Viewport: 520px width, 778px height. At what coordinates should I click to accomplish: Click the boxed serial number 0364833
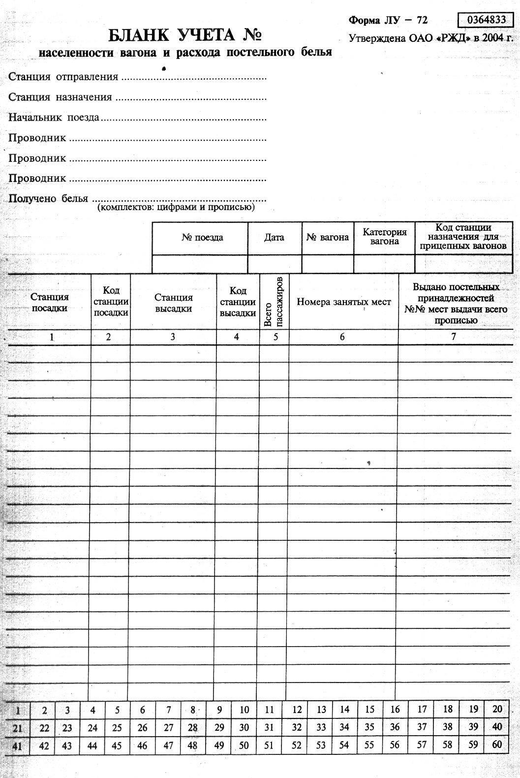tap(486, 20)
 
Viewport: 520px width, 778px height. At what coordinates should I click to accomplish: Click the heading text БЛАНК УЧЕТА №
tap(184, 35)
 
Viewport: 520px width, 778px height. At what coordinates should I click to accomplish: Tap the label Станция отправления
tap(63, 77)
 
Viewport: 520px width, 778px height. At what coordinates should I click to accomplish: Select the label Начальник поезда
tap(54, 118)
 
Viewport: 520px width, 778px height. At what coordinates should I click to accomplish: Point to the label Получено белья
tap(48, 199)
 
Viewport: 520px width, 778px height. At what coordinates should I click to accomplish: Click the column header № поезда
tap(202, 238)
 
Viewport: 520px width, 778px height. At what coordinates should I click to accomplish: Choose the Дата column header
tap(274, 238)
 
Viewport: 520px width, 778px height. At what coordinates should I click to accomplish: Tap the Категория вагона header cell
tap(385, 237)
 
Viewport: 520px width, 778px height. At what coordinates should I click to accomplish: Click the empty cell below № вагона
tap(327, 264)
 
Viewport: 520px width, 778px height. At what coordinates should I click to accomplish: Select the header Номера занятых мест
tap(343, 302)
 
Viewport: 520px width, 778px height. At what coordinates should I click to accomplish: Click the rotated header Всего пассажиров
tap(274, 302)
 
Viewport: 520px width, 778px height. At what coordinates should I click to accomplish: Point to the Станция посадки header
tap(50, 302)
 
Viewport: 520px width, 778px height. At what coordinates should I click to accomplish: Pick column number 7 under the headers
tap(454, 337)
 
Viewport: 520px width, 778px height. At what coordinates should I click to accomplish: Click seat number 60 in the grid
tap(497, 744)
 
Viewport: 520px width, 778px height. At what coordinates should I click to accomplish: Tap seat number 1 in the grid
tap(18, 710)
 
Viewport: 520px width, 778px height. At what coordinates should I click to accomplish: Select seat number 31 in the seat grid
tap(269, 727)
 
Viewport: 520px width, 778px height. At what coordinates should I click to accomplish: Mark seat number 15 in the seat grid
tap(369, 710)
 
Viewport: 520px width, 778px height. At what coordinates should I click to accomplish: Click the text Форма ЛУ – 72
tap(388, 20)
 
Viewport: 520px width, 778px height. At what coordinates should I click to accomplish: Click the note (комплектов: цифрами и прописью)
tap(176, 208)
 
